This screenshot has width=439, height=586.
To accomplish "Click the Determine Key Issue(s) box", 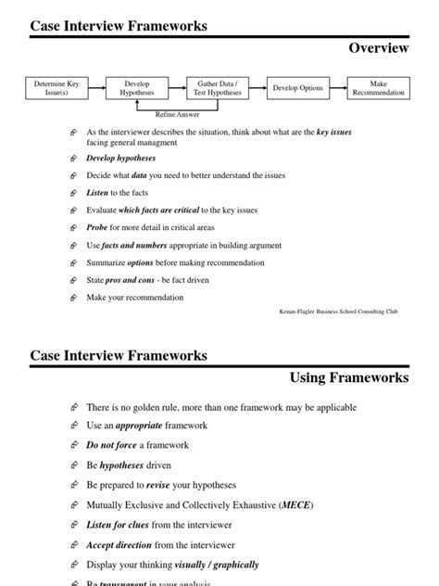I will tap(56, 88).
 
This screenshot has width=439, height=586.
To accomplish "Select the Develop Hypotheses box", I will tap(137, 88).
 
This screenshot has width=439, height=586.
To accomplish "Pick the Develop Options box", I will tap(298, 88).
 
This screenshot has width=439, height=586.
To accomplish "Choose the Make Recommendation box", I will tap(378, 88).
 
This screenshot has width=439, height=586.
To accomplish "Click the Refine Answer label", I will tap(177, 114).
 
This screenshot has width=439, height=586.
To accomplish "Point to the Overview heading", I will tap(379, 47).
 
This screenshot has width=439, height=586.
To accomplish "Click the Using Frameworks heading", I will tap(349, 377).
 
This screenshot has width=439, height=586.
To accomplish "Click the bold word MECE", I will tap(297, 505).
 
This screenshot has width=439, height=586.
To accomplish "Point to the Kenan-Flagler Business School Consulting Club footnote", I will tap(339, 312).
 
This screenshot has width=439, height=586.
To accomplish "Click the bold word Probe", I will tap(98, 228).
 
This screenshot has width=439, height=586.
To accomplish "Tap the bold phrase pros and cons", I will tap(128, 280).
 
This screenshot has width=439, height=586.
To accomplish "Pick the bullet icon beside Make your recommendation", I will tap(74, 298).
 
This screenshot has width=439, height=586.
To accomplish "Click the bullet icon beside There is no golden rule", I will tap(74, 407).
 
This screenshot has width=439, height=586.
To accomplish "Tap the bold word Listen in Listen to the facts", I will tap(97, 193).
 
